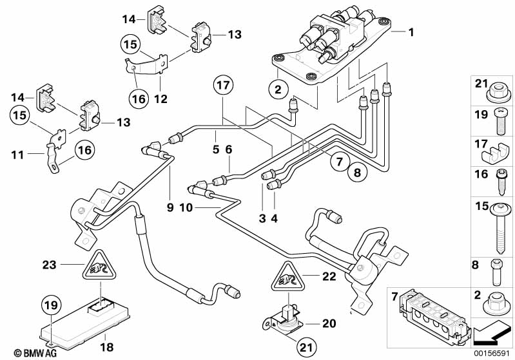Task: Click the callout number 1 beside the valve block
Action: pos(411,31)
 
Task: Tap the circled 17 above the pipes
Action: pos(222,86)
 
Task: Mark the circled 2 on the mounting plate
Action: pos(278,90)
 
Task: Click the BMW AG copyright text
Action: pos(23,353)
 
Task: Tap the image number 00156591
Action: pos(494,353)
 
